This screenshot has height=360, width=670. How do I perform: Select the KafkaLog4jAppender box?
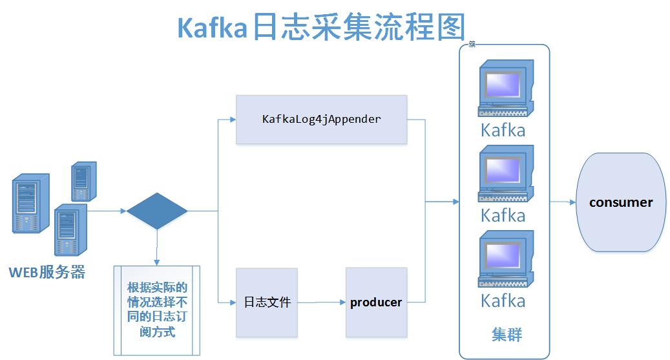point(321,120)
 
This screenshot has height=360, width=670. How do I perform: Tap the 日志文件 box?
point(267,302)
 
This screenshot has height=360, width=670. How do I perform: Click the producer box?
point(376,302)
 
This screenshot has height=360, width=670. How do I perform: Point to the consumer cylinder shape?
point(621,202)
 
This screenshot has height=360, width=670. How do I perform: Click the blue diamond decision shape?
point(157,211)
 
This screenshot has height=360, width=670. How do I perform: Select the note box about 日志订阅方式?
point(157,310)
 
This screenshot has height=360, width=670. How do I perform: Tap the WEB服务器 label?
point(47,272)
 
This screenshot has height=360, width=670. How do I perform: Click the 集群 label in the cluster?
point(507,335)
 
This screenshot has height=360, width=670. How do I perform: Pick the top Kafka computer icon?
point(505,90)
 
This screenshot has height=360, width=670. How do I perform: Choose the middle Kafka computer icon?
point(505,175)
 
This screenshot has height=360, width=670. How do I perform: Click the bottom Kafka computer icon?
point(505,261)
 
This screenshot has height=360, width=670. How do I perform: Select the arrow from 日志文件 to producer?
point(321,302)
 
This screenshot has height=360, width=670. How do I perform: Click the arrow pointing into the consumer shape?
point(563,202)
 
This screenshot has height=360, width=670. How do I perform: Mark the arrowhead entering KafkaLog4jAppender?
point(232,120)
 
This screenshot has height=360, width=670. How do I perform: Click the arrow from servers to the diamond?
point(107,211)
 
